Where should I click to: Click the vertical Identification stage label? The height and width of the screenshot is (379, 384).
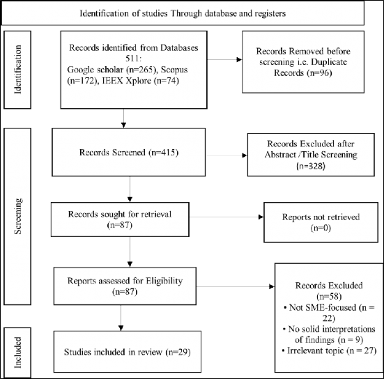pos(17,70)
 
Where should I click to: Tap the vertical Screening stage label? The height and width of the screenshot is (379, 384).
pos(17,217)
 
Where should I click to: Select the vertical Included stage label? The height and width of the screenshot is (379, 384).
pos(17,353)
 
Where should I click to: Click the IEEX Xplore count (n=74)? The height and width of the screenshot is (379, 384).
pos(167,81)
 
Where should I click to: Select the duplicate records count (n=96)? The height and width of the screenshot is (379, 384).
pos(318,73)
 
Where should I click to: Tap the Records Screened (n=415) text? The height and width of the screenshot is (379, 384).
pos(129,153)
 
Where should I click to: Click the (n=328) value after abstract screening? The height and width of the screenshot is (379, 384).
pos(311,166)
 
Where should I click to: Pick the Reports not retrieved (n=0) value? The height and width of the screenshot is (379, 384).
pos(321,229)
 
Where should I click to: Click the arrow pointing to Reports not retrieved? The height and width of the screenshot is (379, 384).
pos(226,217)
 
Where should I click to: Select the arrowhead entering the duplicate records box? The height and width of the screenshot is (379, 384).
pos(239,59)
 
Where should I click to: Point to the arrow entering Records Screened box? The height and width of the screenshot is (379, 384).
pos(123,118)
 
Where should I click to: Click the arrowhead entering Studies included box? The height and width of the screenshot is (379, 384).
pos(121,328)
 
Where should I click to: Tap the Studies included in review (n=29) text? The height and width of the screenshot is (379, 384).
pos(128,352)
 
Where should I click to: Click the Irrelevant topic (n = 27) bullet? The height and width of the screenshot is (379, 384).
pos(329,350)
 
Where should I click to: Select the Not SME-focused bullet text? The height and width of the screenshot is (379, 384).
pos(330,313)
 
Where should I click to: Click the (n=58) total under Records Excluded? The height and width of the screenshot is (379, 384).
pos(329,297)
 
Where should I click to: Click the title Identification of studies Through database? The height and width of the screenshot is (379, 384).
pos(183,13)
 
